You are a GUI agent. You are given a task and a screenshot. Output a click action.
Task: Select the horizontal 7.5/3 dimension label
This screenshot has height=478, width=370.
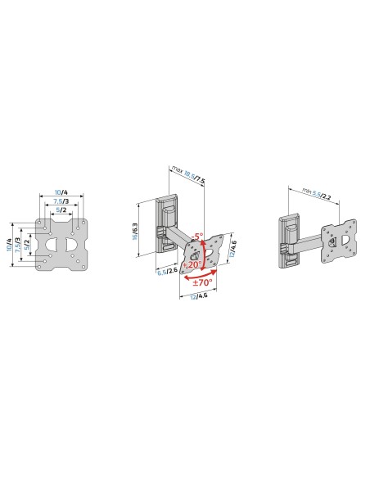61,201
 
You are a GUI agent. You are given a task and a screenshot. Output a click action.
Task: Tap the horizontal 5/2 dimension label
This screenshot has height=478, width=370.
61,210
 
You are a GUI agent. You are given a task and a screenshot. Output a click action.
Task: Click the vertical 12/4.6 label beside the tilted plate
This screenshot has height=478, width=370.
232,246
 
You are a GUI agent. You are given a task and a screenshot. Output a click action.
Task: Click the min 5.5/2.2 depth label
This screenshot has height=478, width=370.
314,197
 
